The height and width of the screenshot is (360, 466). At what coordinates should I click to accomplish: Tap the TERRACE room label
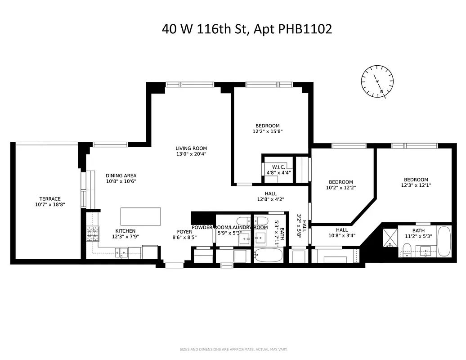pos(49,199)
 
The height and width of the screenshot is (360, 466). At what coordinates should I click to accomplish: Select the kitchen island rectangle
pos(140,216)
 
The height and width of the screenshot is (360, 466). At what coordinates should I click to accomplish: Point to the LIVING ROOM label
pos(191,148)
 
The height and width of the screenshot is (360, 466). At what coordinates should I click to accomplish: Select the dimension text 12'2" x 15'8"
pos(267,132)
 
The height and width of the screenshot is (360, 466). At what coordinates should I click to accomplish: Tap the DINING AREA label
pos(121,175)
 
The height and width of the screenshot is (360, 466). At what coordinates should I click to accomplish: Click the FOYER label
pos(184,232)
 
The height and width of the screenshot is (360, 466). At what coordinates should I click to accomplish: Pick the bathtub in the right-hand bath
pos(444,241)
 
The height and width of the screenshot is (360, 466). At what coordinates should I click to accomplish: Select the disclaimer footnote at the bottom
pos(233,349)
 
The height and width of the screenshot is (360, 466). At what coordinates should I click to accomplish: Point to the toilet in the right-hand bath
pos(407,248)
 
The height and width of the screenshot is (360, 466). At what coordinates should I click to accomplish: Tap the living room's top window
pos(189,84)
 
